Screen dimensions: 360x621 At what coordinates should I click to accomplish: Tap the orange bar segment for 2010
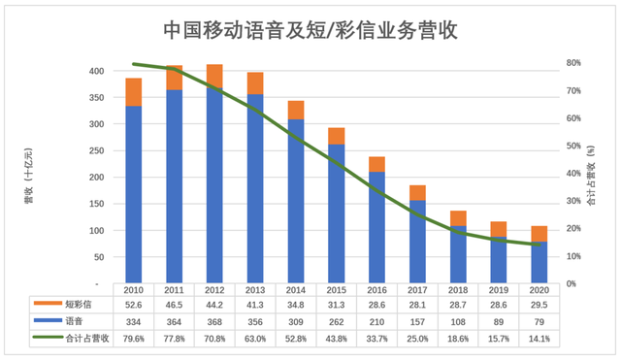click(134, 91)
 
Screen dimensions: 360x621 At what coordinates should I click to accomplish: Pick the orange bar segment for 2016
click(377, 164)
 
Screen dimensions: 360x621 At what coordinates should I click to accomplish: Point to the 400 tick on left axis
click(96, 72)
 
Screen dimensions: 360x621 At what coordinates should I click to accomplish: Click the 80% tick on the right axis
click(574, 63)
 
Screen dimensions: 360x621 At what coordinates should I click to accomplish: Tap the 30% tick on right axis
click(574, 201)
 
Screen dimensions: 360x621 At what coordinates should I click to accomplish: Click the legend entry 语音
click(75, 321)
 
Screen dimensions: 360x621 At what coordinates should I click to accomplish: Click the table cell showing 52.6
click(134, 305)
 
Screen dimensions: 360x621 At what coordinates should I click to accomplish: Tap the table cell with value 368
click(215, 321)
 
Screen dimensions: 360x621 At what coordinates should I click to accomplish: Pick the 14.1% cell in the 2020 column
click(540, 338)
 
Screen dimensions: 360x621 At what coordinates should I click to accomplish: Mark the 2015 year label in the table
click(337, 289)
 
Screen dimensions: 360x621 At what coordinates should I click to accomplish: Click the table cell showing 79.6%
click(134, 338)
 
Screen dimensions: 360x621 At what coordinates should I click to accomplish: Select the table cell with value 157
click(418, 321)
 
